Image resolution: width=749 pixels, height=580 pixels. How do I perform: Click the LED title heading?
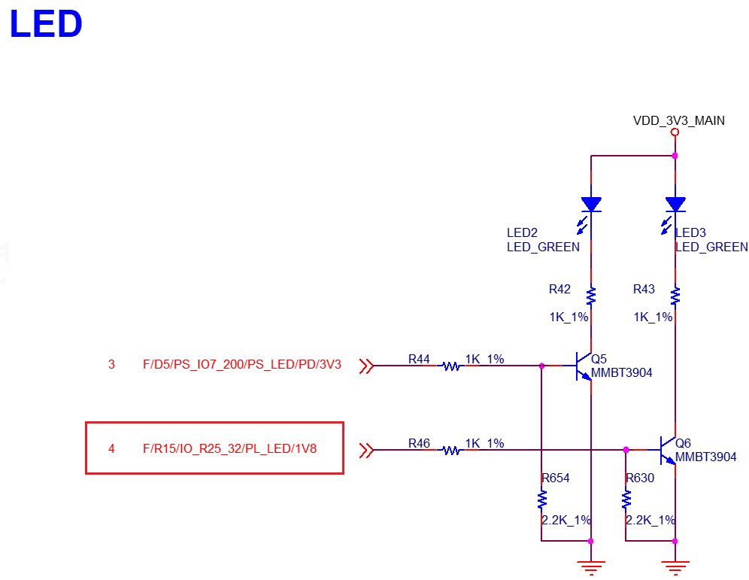46,24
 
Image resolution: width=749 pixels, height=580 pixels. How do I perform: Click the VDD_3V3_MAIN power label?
678,120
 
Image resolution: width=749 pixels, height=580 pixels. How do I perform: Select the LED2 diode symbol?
591,204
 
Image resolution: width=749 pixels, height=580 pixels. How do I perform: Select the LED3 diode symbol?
675,204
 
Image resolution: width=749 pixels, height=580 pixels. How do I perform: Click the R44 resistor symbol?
451,366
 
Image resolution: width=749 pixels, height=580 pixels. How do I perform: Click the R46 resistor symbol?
451,451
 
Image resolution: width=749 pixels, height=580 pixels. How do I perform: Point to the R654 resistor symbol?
541,500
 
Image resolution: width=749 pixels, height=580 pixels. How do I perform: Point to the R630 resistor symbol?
625,500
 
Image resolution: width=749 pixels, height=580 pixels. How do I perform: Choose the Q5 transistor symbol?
584,366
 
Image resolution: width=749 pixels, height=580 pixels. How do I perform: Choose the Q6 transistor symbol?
668,451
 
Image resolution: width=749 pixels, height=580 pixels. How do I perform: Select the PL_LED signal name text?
229,449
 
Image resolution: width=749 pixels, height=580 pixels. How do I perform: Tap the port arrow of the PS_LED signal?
366,366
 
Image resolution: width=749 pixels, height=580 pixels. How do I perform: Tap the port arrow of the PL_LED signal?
366,451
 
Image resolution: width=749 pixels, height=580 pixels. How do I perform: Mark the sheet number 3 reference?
111,365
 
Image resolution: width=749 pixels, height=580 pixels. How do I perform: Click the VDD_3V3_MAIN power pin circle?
675,132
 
